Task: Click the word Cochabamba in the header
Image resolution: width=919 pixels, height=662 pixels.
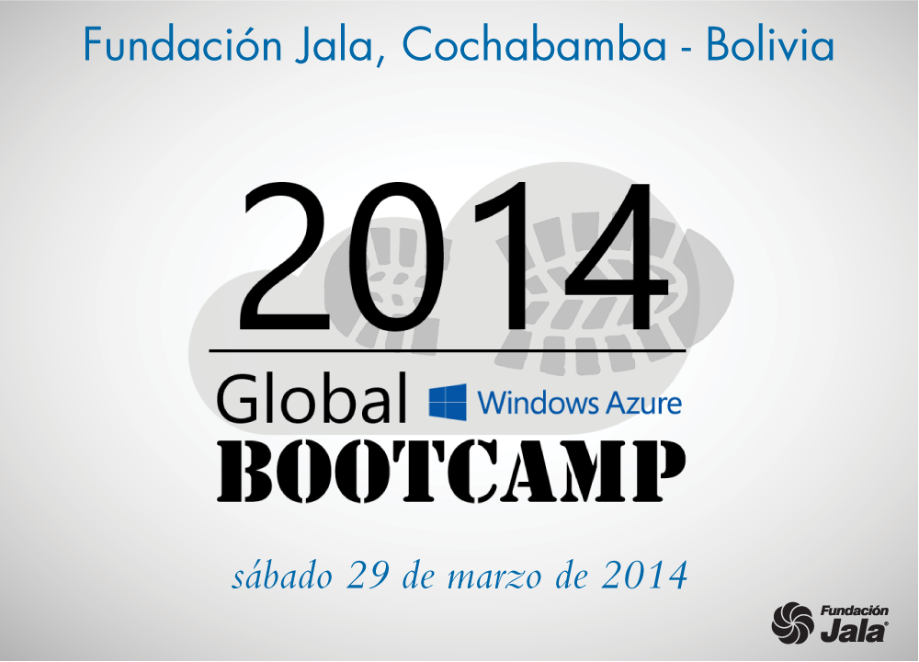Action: click(534, 45)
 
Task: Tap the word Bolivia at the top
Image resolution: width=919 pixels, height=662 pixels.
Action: click(769, 44)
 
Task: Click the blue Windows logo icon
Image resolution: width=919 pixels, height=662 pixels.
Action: click(448, 402)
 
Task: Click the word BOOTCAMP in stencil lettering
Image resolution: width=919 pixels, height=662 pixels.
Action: click(451, 472)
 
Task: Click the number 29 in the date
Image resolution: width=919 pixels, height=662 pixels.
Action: click(369, 576)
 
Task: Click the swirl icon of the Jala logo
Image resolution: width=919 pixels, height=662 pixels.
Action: click(792, 622)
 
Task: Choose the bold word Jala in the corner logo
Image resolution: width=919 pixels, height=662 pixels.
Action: click(854, 631)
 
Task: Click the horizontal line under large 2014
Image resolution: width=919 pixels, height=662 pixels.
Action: click(448, 350)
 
